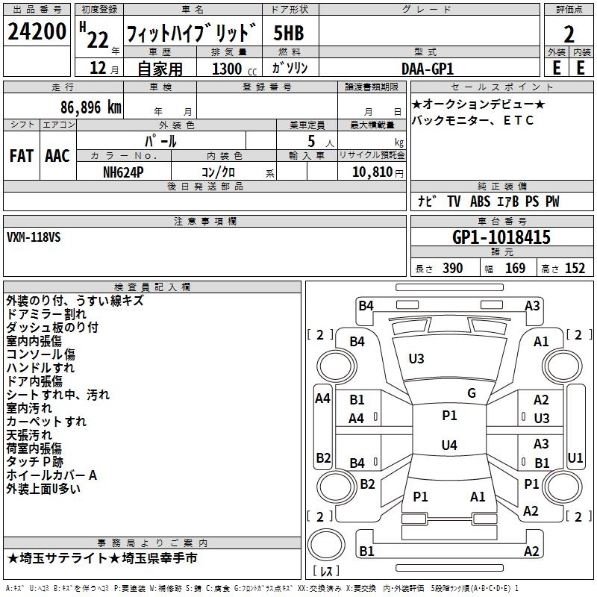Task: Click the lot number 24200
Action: [37, 33]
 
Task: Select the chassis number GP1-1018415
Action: [501, 238]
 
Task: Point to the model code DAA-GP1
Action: [428, 68]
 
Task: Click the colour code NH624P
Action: [123, 172]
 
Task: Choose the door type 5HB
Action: [288, 33]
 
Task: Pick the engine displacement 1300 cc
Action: [228, 69]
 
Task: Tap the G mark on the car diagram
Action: [472, 393]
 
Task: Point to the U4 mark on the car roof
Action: [448, 446]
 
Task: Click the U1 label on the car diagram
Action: [575, 457]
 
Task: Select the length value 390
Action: [452, 269]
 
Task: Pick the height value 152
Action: [575, 269]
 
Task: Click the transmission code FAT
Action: [21, 156]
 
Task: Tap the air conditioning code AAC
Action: [57, 156]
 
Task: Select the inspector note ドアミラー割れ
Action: [46, 314]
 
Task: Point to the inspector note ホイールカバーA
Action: [51, 475]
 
